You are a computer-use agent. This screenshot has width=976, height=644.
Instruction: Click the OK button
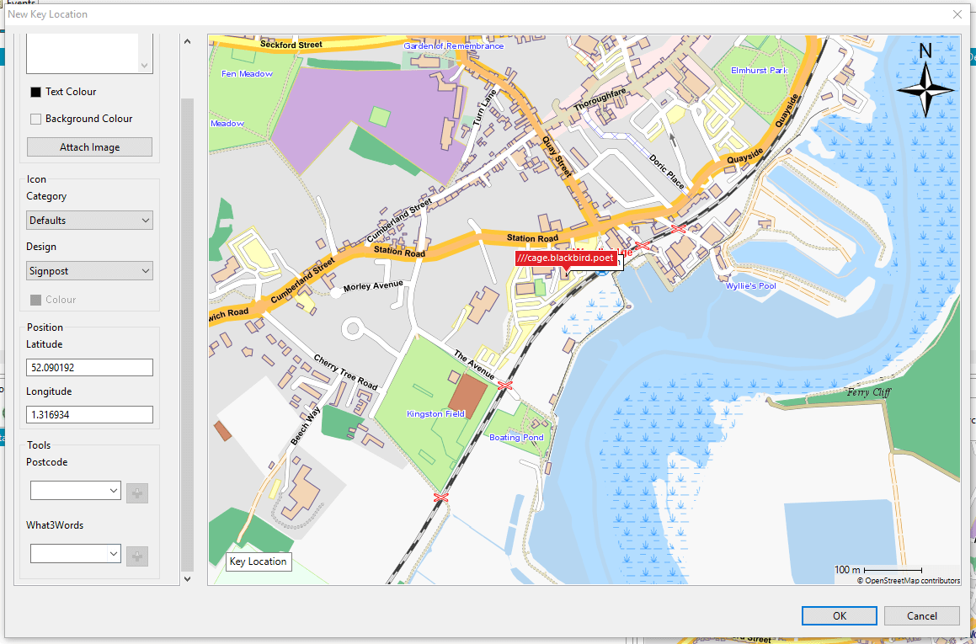[839, 615]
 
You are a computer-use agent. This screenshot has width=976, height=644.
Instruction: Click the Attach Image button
[89, 147]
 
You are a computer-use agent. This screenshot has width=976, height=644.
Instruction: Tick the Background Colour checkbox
[35, 119]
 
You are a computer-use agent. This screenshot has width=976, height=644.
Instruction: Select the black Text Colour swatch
[35, 92]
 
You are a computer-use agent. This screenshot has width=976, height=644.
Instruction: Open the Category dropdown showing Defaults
[89, 221]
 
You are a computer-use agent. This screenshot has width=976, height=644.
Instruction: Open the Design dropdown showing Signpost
[89, 271]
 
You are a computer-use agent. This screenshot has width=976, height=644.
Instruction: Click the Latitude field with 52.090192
[89, 368]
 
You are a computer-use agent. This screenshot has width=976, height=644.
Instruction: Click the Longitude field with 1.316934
[89, 415]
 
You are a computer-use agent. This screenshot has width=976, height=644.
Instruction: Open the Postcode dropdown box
[75, 490]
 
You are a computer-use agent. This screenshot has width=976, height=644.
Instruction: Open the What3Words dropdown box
[75, 554]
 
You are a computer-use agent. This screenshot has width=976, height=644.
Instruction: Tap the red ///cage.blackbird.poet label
[566, 258]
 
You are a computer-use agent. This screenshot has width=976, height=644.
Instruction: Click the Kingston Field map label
[435, 414]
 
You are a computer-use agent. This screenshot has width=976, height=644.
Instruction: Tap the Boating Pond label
[516, 438]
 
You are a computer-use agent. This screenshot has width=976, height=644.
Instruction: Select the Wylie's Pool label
[750, 286]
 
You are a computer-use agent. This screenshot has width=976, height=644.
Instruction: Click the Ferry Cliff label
[868, 392]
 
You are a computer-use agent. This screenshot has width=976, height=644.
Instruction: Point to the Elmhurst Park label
[759, 71]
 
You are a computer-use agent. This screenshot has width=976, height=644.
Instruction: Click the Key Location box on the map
[259, 562]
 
